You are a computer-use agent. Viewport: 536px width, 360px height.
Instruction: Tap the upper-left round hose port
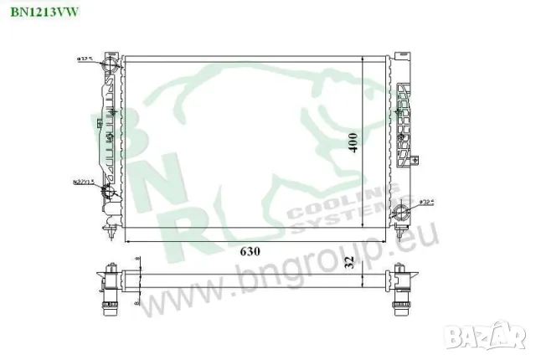pos(108,66)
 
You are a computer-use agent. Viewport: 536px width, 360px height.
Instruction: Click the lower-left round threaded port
pos(108,194)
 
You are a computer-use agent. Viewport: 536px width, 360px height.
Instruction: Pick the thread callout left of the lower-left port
pos(82,180)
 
